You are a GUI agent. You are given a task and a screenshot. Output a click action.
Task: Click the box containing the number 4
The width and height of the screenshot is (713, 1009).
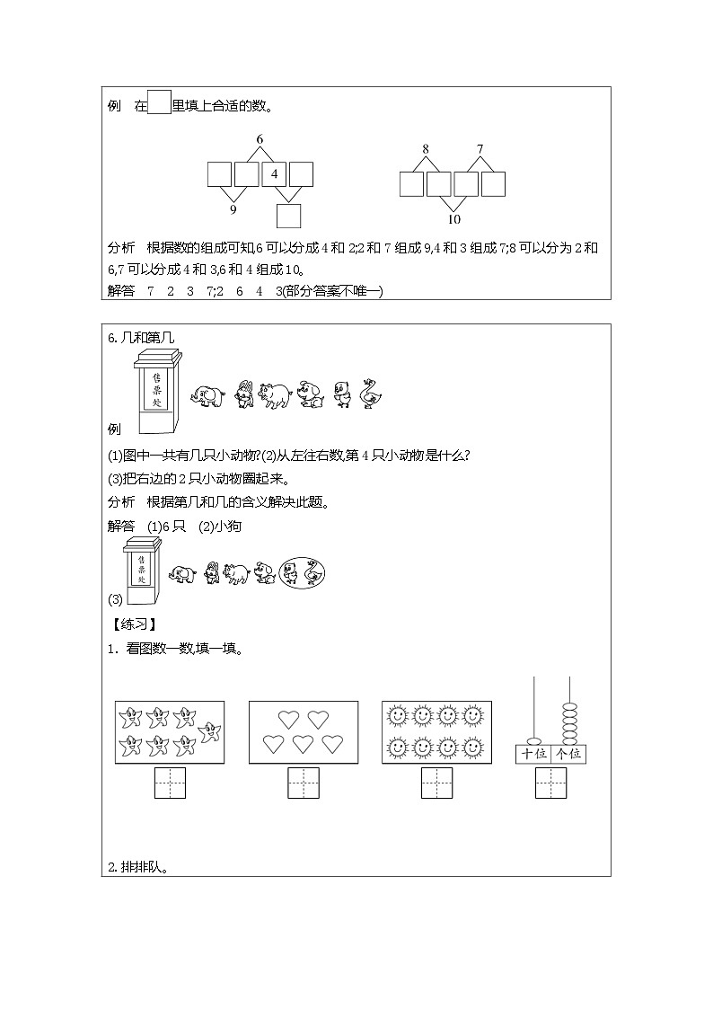tap(274, 174)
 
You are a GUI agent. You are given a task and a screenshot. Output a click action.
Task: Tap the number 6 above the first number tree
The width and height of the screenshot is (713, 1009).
tap(260, 139)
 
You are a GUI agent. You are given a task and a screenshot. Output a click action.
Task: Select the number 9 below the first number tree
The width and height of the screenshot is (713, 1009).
tap(233, 209)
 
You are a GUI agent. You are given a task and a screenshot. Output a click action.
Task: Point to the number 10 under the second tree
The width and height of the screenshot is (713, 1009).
tap(453, 219)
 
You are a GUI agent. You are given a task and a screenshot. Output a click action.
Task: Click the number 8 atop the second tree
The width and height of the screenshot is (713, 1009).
tap(426, 148)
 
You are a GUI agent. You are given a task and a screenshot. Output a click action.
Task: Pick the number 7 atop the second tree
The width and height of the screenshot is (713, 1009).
tap(480, 148)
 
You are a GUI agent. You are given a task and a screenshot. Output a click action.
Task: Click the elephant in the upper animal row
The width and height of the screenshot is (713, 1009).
tap(207, 395)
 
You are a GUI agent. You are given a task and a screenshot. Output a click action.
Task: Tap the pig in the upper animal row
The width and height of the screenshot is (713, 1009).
tap(274, 394)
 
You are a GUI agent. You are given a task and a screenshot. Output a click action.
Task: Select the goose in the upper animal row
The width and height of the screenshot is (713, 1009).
tap(367, 394)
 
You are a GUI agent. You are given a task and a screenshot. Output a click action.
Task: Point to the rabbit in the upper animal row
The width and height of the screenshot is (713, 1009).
tap(242, 394)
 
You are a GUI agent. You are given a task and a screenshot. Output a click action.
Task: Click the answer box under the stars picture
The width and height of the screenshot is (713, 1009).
tap(170, 783)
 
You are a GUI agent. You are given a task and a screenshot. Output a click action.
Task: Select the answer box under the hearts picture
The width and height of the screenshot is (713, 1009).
tap(303, 783)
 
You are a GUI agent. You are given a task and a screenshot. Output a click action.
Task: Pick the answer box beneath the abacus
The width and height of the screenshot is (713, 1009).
tap(550, 783)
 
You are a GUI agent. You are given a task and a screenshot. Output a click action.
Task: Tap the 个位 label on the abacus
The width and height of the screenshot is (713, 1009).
tap(568, 753)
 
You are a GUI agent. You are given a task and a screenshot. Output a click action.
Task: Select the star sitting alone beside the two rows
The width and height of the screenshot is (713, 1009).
tap(211, 731)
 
